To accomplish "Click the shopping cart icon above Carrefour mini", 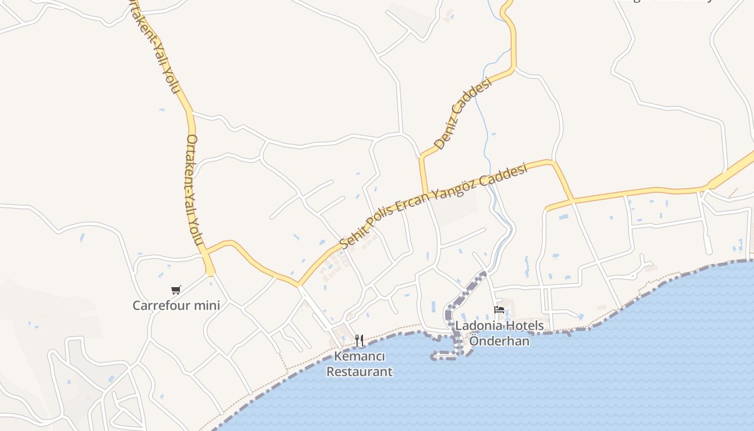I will pos(176,290).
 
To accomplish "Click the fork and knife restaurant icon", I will pos(359,340).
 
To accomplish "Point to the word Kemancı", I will pos(360,357).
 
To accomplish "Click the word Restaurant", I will pos(360,372).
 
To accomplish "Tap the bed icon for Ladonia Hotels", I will pos(499,310).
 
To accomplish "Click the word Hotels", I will pos(526,326).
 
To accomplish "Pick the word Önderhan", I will pos(499,341).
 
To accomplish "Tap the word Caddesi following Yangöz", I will pos(504,176).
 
